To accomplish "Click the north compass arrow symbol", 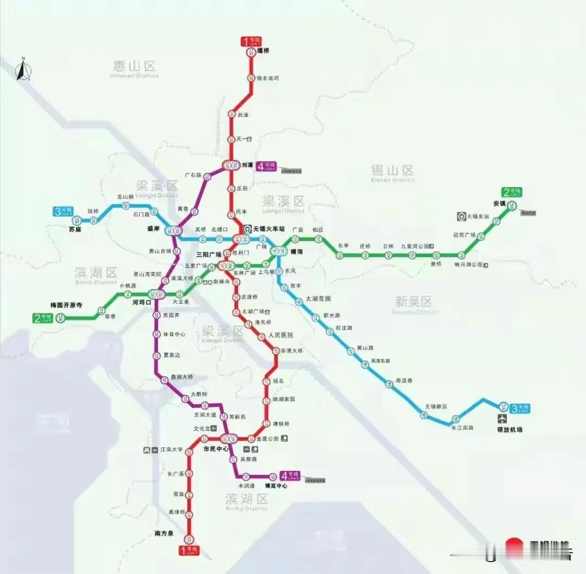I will click(x=22, y=69).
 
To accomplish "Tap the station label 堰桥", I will click(x=263, y=51).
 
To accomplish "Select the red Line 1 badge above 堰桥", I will click(x=251, y=41).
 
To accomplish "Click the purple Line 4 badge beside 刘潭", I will click(x=267, y=167).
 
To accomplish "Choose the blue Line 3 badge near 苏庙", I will click(x=63, y=212).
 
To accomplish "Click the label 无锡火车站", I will click(x=269, y=228).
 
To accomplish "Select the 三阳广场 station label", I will click(x=209, y=254).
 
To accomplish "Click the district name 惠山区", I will click(x=134, y=66).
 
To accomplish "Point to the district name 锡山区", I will click(x=392, y=170).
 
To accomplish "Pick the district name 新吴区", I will click(x=413, y=301).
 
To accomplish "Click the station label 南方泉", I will click(x=164, y=534).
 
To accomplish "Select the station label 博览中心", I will click(x=276, y=486).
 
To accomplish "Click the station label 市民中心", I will click(x=216, y=449).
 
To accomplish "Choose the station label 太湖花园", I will click(x=319, y=298).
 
